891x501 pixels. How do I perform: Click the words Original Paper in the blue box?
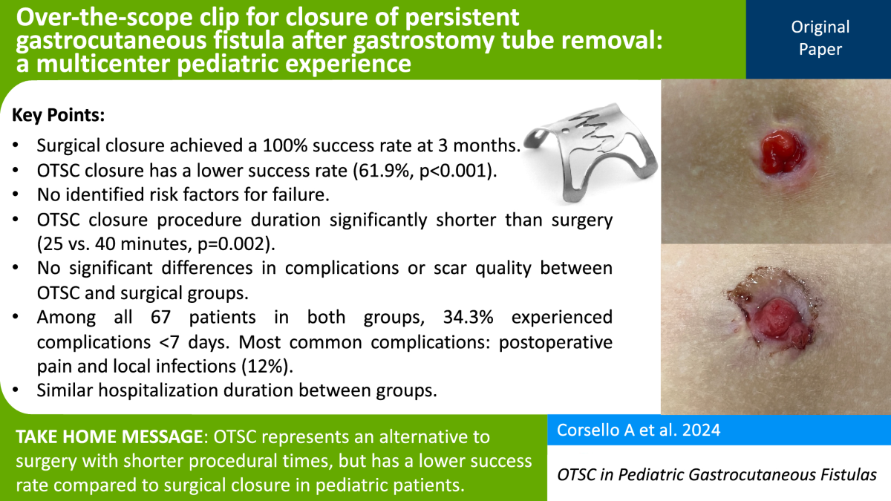[820, 38]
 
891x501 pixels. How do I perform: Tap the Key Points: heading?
[59, 115]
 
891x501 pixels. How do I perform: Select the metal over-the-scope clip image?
[590, 153]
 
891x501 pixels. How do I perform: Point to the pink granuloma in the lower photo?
[776, 320]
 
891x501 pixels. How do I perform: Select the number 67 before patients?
[160, 317]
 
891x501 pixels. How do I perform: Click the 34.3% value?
[469, 317]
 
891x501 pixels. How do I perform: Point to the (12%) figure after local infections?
[267, 366]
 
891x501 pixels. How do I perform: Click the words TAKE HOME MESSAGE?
[109, 436]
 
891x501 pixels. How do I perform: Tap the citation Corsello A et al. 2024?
[639, 430]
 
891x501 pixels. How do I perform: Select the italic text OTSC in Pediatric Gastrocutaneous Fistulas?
[717, 475]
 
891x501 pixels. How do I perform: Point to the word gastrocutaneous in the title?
[119, 42]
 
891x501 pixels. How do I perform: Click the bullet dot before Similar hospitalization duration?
[16, 390]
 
